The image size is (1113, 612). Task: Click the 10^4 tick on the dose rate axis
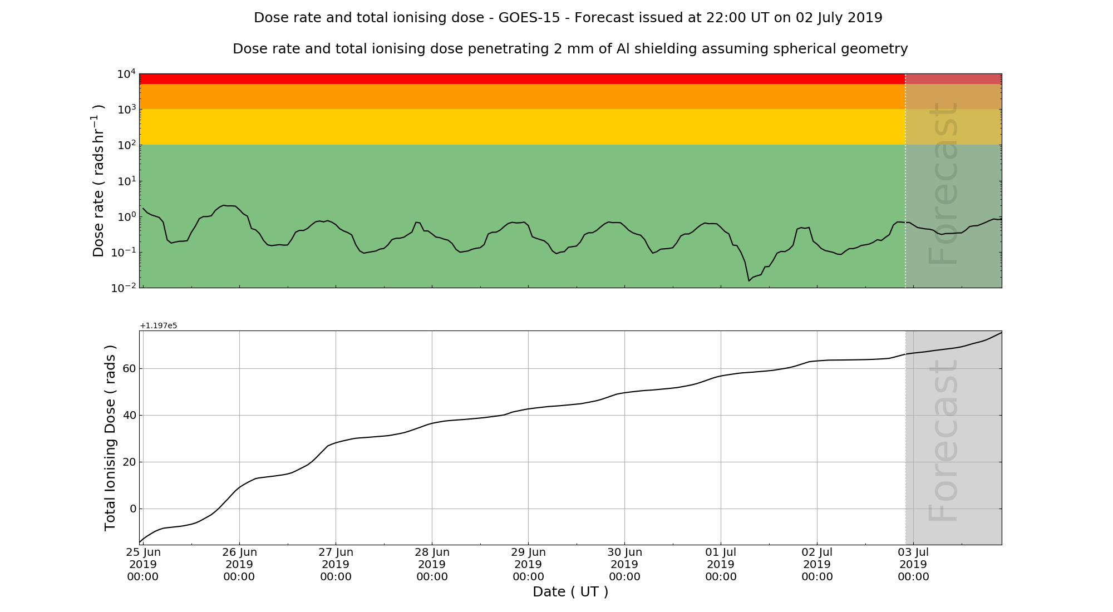click(126, 73)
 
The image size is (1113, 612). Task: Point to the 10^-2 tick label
click(125, 288)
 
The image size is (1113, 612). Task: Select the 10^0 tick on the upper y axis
click(126, 217)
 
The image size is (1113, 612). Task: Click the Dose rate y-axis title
click(98, 181)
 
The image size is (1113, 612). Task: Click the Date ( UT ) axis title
click(570, 592)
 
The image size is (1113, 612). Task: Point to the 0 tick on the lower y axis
click(132, 509)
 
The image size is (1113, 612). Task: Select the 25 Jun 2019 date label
click(143, 564)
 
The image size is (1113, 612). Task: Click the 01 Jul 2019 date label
click(721, 564)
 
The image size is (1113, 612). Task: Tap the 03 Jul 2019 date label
click(913, 564)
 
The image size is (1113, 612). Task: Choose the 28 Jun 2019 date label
click(432, 564)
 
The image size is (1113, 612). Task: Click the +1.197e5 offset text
click(159, 325)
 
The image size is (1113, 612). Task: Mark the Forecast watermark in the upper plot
click(943, 184)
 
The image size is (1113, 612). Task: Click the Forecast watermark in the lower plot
click(943, 441)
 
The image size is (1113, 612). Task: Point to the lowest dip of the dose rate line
click(749, 280)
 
